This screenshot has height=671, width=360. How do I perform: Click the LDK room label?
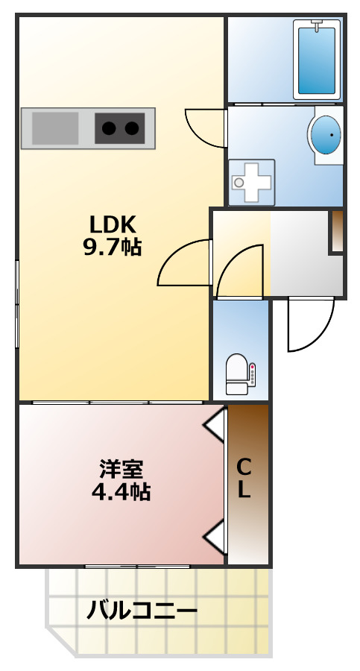tap(112, 224)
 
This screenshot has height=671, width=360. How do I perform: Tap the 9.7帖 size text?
tap(112, 247)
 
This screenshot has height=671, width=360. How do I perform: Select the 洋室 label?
tap(121, 470)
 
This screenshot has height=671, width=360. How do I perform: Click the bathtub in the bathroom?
tap(318, 60)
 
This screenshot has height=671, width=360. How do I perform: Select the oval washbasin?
tap(326, 135)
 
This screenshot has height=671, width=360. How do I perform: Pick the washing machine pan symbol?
tap(251, 181)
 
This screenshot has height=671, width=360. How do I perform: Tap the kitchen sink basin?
tap(54, 128)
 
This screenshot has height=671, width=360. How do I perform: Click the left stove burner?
tap(109, 128)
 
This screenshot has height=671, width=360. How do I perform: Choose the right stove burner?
tap(133, 128)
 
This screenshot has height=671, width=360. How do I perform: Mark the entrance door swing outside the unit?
tap(310, 324)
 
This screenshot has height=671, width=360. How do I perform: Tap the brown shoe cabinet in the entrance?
tap(336, 231)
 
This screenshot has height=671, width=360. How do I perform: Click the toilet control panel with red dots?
tap(253, 374)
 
